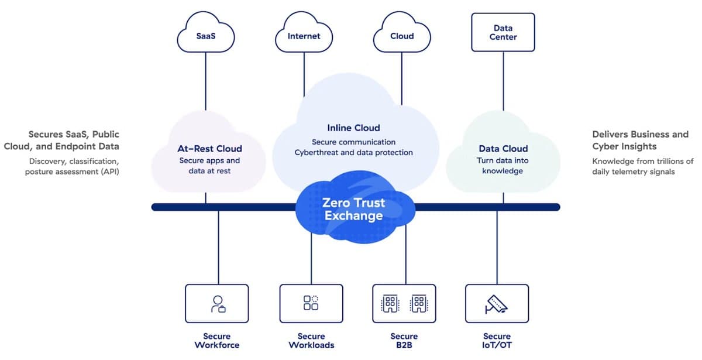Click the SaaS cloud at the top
click(205, 35)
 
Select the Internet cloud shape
click(304, 35)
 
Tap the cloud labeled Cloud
click(402, 35)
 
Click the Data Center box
click(503, 32)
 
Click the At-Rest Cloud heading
click(209, 149)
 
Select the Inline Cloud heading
click(353, 128)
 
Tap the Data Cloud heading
click(503, 149)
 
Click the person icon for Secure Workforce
click(218, 303)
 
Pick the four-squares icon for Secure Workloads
click(311, 303)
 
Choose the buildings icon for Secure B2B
click(404, 303)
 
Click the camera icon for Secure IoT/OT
click(497, 303)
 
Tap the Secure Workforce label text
click(217, 341)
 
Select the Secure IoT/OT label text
click(497, 341)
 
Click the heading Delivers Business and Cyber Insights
click(640, 140)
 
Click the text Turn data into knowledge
click(503, 166)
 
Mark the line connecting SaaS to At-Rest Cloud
click(205, 82)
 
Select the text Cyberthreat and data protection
click(353, 153)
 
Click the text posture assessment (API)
click(72, 172)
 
